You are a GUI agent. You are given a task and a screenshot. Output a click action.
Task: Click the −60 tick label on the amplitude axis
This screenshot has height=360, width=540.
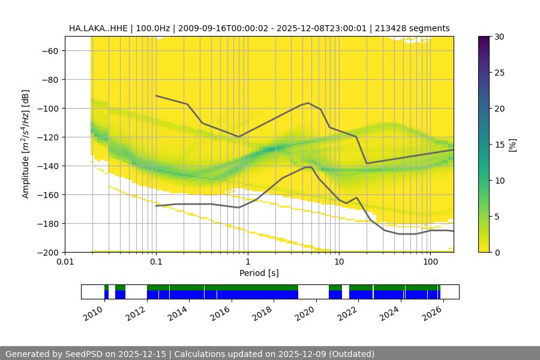click(x=49, y=51)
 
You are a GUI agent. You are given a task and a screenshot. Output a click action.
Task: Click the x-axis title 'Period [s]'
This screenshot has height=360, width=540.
click(x=259, y=274)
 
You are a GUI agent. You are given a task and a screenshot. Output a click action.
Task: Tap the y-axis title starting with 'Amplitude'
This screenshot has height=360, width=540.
click(x=26, y=144)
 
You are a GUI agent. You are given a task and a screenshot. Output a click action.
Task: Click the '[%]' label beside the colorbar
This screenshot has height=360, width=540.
click(x=512, y=145)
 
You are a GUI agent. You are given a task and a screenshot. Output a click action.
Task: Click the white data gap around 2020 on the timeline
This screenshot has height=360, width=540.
click(x=313, y=292)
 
